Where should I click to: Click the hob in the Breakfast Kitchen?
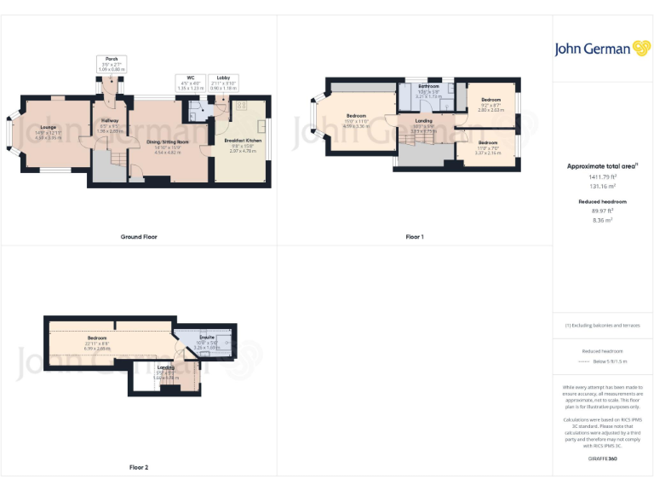tap(241, 106)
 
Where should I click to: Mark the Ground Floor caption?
tap(138, 236)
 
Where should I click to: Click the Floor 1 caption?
tap(415, 236)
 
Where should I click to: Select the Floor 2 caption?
tap(138, 467)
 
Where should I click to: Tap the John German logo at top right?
tap(602, 49)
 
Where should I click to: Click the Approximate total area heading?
tap(602, 167)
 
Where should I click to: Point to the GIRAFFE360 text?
tap(602, 459)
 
